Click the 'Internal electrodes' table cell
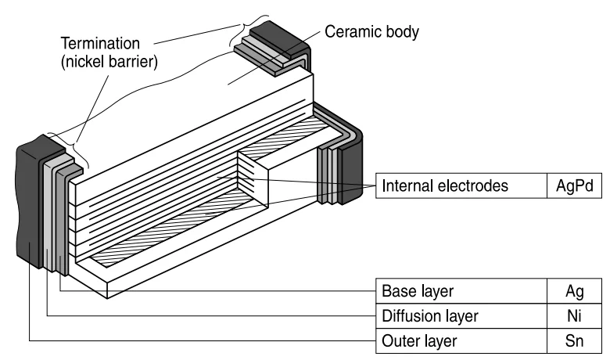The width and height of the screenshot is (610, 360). coord(445,186)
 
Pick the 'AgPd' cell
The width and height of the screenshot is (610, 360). coord(574,186)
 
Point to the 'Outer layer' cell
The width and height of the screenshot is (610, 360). coord(419,341)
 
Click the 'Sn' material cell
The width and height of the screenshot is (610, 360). coord(574,341)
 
